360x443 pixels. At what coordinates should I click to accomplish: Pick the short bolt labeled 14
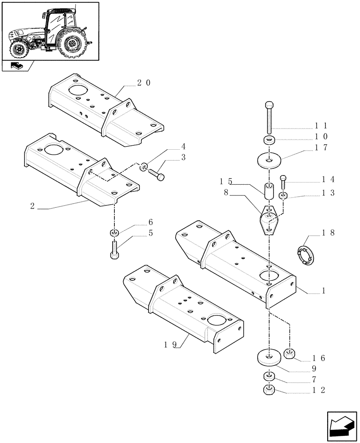click(x=283, y=182)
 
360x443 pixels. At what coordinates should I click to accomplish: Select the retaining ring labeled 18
click(x=305, y=256)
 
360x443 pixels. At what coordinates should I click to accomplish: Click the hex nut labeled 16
click(x=289, y=354)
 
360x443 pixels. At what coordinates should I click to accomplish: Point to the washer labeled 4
click(x=145, y=167)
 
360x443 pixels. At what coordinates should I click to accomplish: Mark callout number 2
click(x=32, y=206)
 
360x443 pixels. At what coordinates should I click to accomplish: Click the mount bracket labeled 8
click(x=269, y=220)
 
